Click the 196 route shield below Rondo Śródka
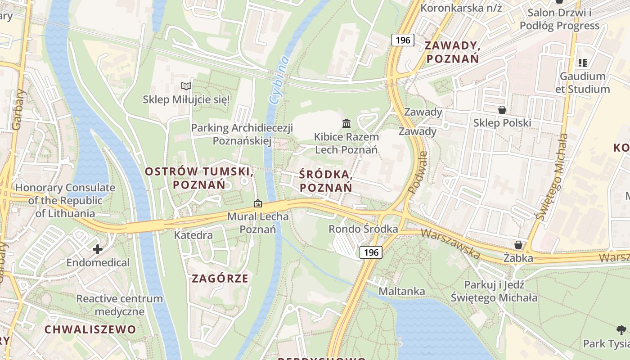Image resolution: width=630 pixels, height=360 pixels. (371, 252)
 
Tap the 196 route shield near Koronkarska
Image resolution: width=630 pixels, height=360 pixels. (403, 40)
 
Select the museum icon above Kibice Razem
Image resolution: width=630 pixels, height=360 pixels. (346, 123)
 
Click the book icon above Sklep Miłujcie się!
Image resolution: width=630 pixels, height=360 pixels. (186, 86)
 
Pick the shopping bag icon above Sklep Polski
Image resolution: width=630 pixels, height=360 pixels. (502, 109)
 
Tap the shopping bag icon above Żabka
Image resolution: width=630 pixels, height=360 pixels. (518, 245)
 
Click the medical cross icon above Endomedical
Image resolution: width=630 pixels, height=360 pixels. (98, 249)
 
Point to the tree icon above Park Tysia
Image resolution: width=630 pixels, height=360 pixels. (621, 330)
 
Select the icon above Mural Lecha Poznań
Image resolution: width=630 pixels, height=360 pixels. (257, 203)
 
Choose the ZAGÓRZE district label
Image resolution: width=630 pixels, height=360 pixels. (220, 278)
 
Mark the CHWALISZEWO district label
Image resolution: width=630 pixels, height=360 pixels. (90, 329)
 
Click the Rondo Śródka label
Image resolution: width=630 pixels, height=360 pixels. (363, 229)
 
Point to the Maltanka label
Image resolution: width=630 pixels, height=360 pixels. (401, 291)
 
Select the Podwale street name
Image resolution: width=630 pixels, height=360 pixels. (418, 172)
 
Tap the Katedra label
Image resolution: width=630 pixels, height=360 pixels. (193, 235)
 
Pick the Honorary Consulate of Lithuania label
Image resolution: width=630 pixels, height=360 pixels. (65, 201)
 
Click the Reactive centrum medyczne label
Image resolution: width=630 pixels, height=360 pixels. (119, 305)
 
